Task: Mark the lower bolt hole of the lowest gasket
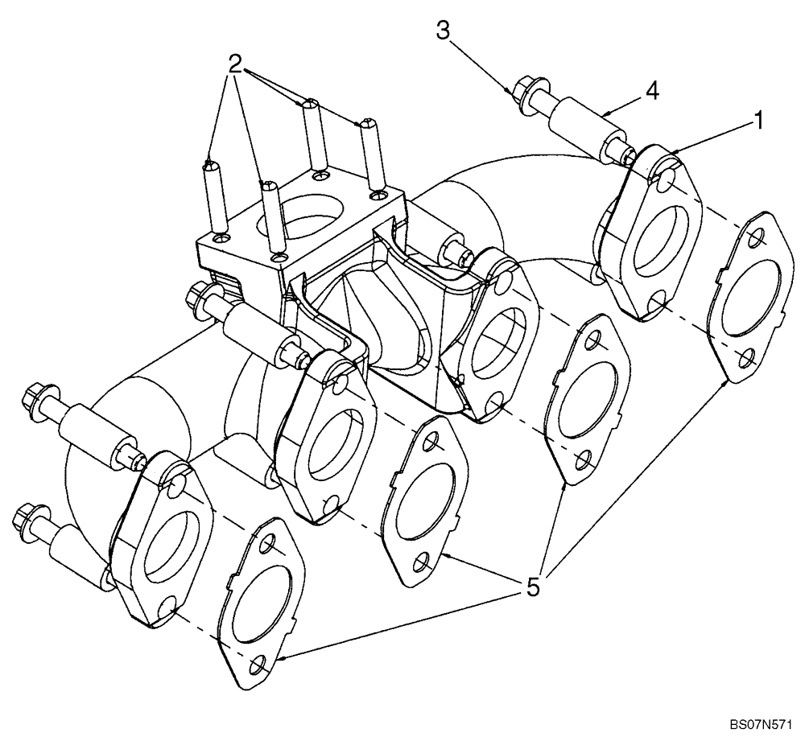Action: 258,665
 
